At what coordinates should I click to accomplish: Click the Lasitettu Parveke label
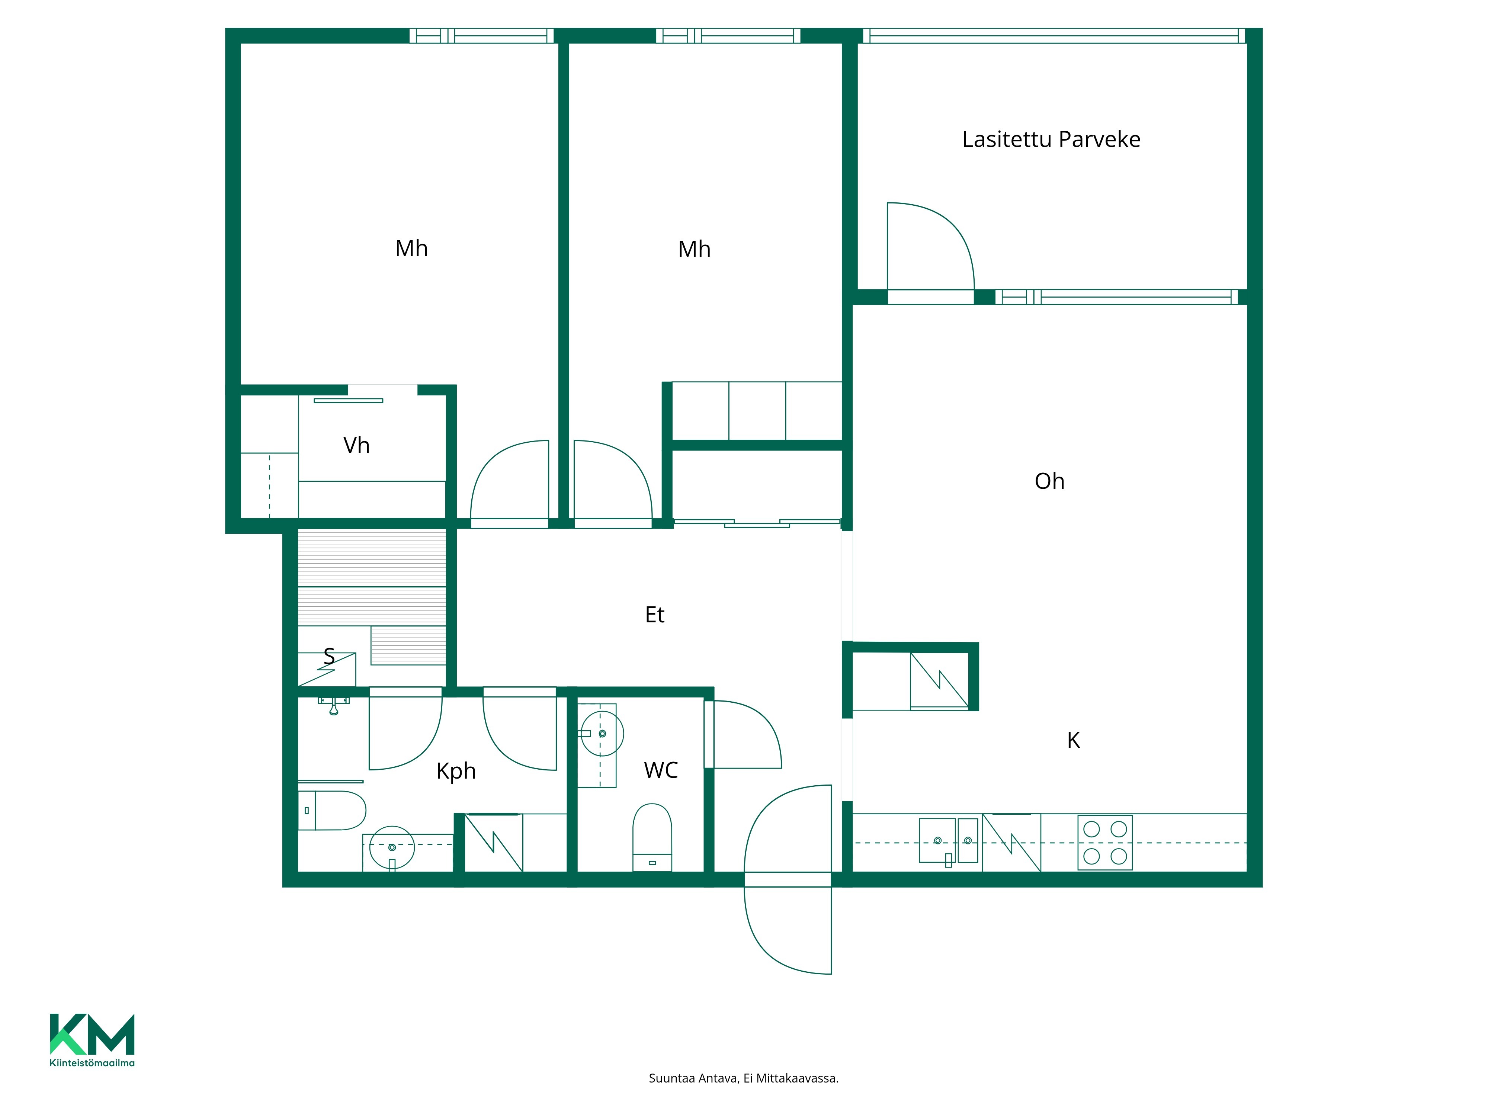(1051, 139)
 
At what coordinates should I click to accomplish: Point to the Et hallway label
(654, 615)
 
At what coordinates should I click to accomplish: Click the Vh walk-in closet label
(356, 445)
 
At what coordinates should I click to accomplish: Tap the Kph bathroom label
(456, 771)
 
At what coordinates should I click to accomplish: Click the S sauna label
(329, 656)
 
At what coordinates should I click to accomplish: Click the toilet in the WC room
(652, 837)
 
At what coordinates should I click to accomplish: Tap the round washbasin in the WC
(602, 733)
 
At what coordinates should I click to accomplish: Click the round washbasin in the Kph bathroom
(392, 847)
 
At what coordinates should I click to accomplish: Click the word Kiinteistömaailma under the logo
(92, 1063)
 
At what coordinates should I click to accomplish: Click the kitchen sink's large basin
(937, 840)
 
